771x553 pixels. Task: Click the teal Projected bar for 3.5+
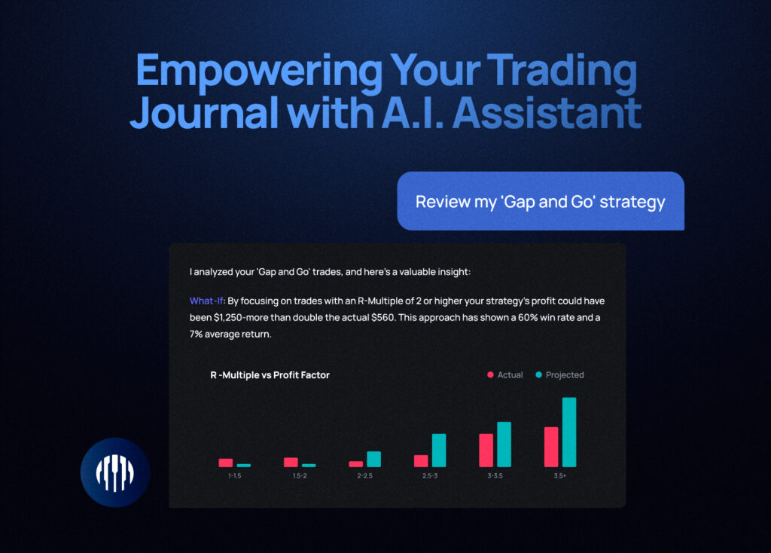[569, 432]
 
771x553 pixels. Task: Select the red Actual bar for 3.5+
[551, 447]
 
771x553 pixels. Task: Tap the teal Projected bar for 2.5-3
[439, 451]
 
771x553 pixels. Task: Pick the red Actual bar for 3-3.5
[486, 451]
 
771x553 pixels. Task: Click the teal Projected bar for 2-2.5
[373, 459]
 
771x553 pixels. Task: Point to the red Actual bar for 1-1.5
[226, 463]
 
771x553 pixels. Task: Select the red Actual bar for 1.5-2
[291, 462]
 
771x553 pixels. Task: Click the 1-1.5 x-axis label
[235, 475]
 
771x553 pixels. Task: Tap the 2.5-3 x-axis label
[430, 475]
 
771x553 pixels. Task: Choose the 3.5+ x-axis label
[560, 475]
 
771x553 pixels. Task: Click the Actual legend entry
[505, 375]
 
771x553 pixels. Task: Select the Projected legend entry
[559, 375]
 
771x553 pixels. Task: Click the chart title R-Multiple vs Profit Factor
[270, 375]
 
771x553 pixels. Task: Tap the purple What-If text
[206, 301]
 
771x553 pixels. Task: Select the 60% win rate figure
[528, 317]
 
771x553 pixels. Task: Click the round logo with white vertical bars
[115, 472]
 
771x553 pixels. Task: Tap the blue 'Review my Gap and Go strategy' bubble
[541, 201]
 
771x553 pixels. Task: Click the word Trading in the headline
[562, 72]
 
